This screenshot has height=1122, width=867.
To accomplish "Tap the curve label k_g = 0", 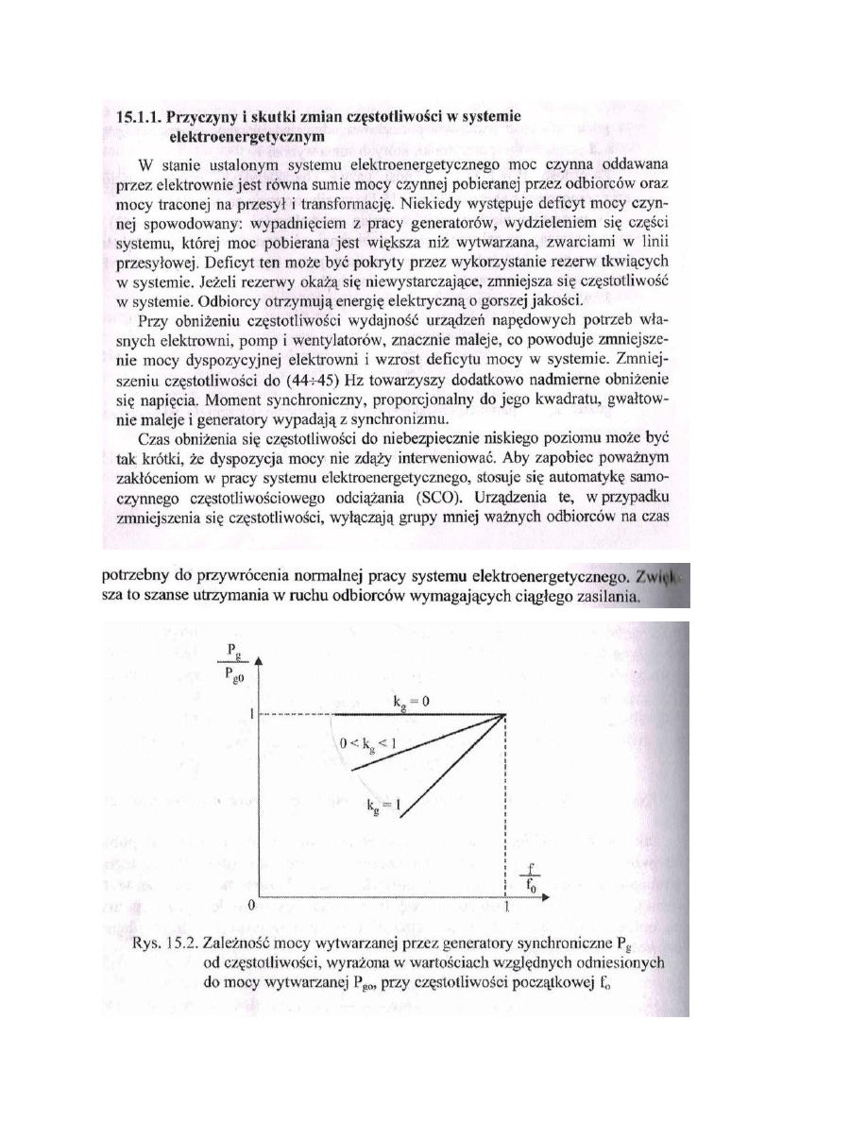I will coord(416,700).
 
